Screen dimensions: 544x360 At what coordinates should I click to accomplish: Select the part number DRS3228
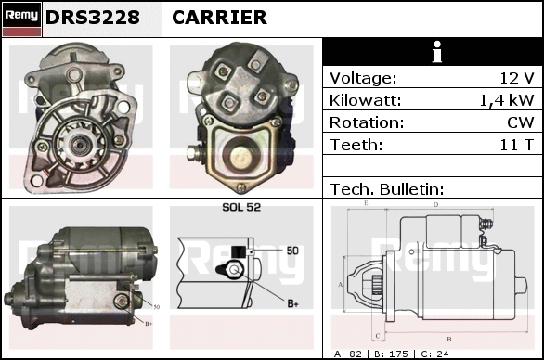pyautogui.click(x=93, y=18)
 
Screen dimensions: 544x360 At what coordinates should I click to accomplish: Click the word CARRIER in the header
pyautogui.click(x=219, y=18)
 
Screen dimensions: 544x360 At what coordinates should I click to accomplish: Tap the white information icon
pyautogui.click(x=437, y=52)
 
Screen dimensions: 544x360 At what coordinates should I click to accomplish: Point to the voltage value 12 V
pyautogui.click(x=516, y=78)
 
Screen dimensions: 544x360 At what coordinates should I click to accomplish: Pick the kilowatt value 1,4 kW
pyautogui.click(x=507, y=100)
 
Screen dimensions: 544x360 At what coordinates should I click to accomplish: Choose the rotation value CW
pyautogui.click(x=521, y=122)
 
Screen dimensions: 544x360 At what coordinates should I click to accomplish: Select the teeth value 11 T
pyautogui.click(x=516, y=145)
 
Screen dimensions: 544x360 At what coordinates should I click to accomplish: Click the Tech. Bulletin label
pyautogui.click(x=387, y=189)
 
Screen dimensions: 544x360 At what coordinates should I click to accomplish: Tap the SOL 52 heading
pyautogui.click(x=241, y=207)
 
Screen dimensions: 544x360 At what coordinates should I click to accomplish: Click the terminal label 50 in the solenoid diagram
pyautogui.click(x=292, y=251)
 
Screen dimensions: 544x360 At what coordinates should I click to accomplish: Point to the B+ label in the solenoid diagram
pyautogui.click(x=292, y=303)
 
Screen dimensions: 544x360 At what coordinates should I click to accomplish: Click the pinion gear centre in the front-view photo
pyautogui.click(x=77, y=144)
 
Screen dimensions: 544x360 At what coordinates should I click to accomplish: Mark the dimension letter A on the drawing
pyautogui.click(x=341, y=285)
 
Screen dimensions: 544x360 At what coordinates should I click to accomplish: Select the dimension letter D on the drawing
pyautogui.click(x=436, y=205)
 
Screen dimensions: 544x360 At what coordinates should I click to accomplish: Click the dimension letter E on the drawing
pyautogui.click(x=366, y=203)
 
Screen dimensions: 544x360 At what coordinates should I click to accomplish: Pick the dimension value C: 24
pyautogui.click(x=434, y=354)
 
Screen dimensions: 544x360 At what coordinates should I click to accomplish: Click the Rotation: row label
pyautogui.click(x=367, y=122)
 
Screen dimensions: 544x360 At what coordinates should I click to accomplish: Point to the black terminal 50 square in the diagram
pyautogui.click(x=239, y=251)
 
